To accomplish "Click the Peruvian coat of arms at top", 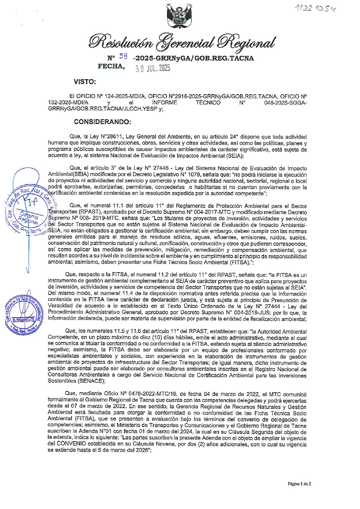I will coord(180,15).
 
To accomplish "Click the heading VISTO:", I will coord(85,82).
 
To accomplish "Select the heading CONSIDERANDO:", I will coord(103,122).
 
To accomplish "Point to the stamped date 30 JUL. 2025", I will coord(153,69).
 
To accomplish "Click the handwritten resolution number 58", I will coord(123,56).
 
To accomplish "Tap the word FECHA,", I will coord(111,66).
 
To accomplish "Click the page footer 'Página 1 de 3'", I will coord(299,484).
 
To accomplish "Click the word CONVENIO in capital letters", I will coord(72,445).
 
